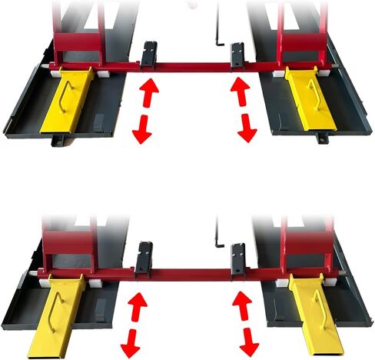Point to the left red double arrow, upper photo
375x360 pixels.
(x=144, y=110)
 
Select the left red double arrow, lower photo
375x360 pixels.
(x=135, y=324)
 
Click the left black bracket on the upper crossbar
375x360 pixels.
(x=148, y=56)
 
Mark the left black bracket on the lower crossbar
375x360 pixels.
(x=143, y=259)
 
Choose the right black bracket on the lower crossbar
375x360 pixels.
(x=238, y=259)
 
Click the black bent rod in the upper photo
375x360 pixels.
(x=219, y=35)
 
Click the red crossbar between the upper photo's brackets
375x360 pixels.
(x=192, y=66)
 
